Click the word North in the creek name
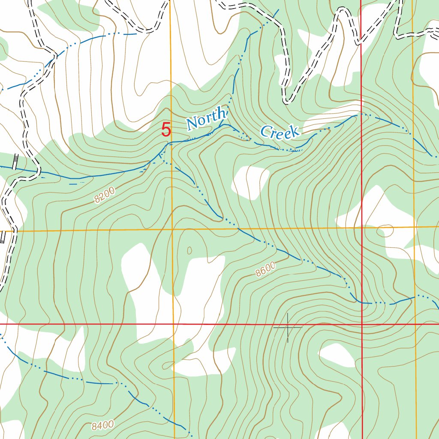[x=206, y=120]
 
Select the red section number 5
[x=166, y=129]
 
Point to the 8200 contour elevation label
[x=105, y=195]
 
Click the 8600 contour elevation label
[x=265, y=270]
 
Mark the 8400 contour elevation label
[x=102, y=425]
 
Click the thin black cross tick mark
[x=288, y=328]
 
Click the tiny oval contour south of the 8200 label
[x=189, y=250]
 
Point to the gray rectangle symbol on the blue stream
[x=16, y=162]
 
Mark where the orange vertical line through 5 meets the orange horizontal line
[x=172, y=230]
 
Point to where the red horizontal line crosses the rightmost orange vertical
[x=415, y=324]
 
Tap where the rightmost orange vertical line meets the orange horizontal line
[x=415, y=226]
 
